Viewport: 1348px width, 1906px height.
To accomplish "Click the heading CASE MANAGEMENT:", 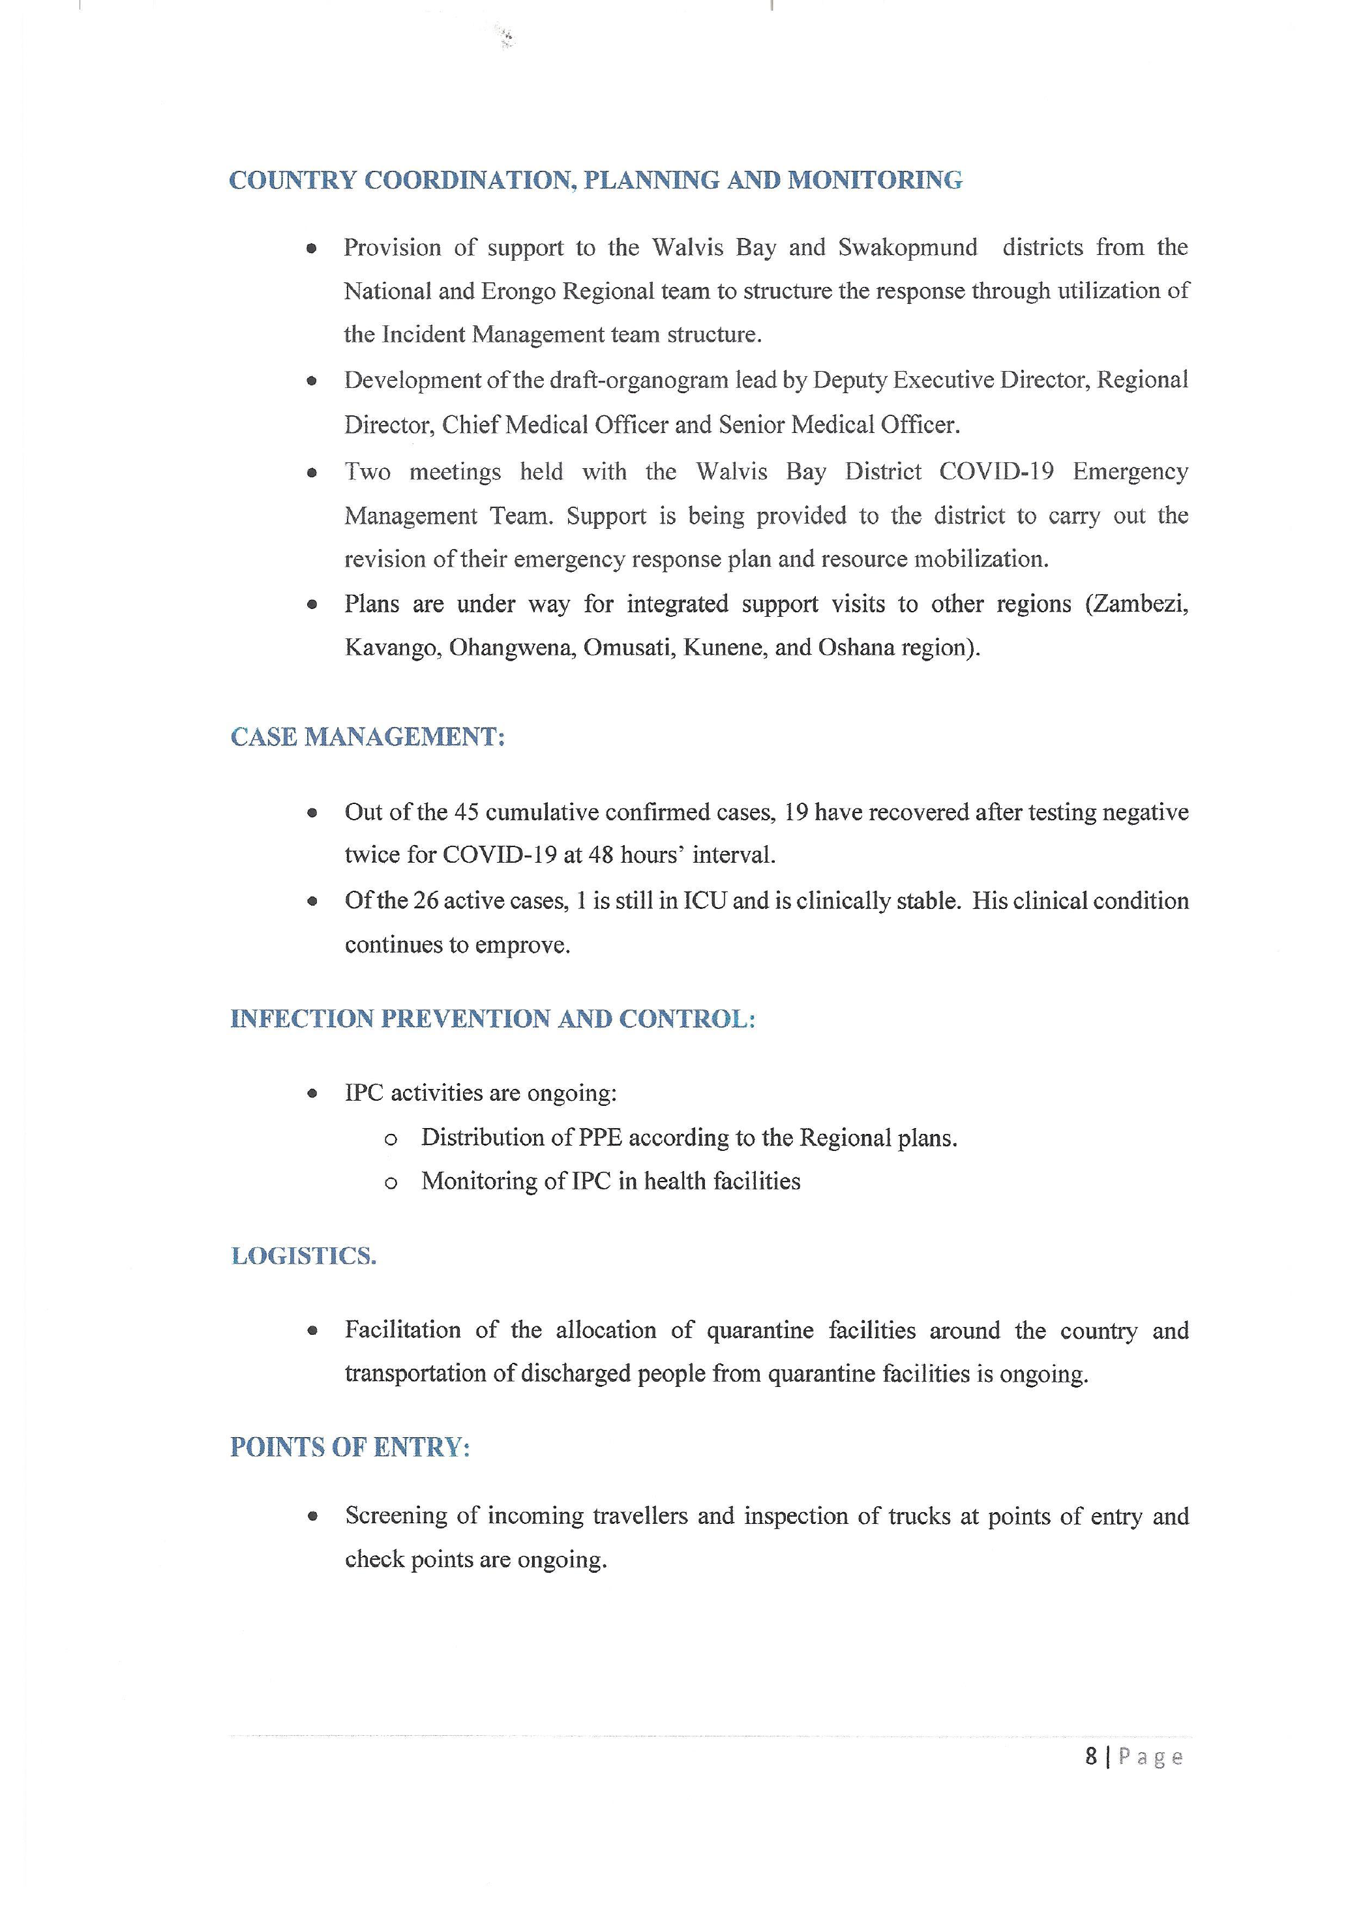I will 368,736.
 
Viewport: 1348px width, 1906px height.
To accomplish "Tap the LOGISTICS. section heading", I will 304,1255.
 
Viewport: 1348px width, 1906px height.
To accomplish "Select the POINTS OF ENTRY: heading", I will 350,1447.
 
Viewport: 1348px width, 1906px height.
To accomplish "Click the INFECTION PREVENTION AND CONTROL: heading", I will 493,1019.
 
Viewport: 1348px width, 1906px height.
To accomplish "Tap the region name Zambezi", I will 1141,604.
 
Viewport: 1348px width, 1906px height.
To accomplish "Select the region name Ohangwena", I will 511,648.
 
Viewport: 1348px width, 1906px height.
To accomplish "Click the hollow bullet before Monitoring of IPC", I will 391,1183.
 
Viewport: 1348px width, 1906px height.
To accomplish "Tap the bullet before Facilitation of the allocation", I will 312,1331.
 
